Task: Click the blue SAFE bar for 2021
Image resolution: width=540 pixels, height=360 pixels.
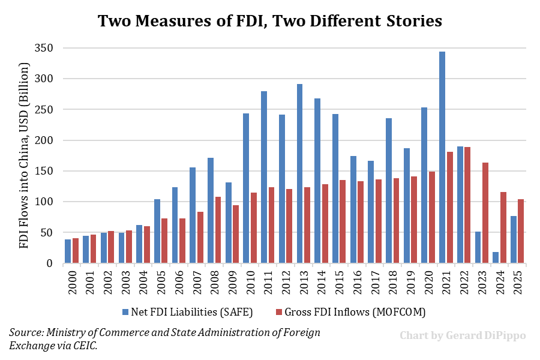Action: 442,157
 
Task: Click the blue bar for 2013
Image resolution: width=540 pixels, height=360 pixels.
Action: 299,173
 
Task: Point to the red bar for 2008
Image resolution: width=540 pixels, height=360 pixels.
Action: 218,230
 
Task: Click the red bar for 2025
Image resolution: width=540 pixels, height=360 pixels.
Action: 521,231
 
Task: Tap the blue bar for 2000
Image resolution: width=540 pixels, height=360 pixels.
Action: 68,251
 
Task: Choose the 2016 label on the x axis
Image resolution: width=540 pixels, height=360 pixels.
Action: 358,281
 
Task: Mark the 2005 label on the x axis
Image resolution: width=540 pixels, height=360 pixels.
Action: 161,281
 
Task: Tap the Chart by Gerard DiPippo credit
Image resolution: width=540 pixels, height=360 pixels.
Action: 463,335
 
